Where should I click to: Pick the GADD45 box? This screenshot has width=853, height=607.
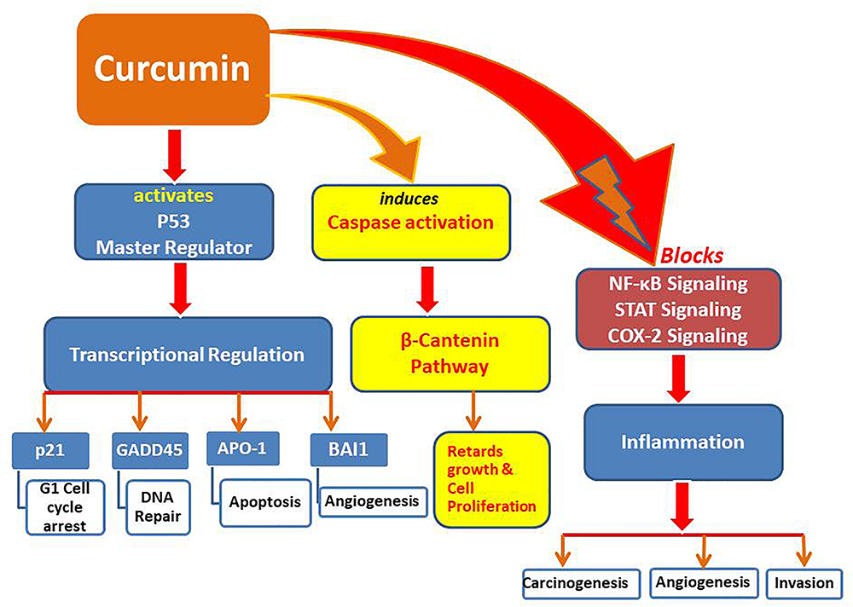(x=148, y=450)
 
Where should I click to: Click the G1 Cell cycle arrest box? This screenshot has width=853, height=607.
(x=65, y=506)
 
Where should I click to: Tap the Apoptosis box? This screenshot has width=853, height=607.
(x=264, y=501)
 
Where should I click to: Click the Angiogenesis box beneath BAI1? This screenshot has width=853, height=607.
(x=373, y=501)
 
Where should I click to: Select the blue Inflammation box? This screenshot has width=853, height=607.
(x=683, y=442)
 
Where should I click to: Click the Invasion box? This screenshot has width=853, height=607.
(x=804, y=584)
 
